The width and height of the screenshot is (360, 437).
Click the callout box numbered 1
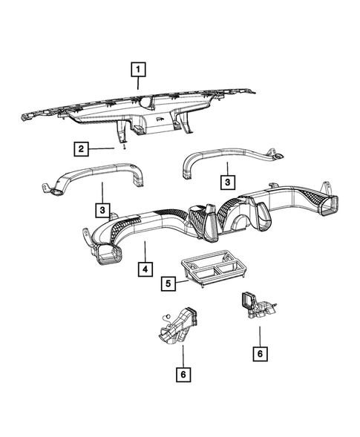pos(137,71)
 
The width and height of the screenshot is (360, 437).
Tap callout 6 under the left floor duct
pos(182,375)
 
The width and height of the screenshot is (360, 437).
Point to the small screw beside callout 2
pos(125,148)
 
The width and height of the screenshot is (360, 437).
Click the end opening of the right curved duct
pos(277,157)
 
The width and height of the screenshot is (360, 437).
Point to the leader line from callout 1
pos(138,85)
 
